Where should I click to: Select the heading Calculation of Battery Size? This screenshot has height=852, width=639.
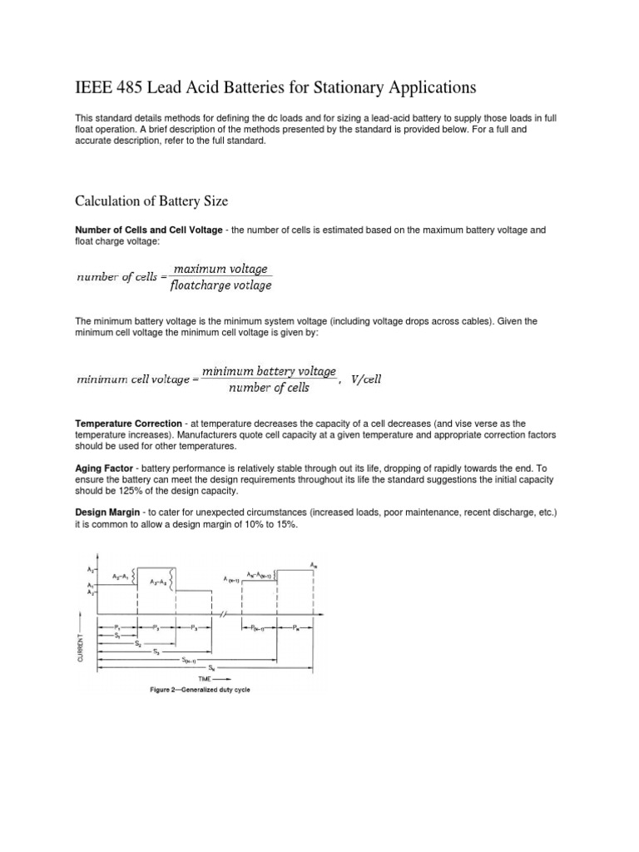coord(151,201)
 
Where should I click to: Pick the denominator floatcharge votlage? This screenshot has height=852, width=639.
coord(220,286)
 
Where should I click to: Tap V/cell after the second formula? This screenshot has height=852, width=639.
coord(367,379)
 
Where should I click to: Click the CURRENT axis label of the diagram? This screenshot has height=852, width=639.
coord(81,645)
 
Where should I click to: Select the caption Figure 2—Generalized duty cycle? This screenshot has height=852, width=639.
coord(200,690)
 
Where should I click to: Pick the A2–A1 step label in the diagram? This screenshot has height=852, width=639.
coord(121,576)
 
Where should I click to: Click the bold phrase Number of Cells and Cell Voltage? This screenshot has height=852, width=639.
coord(148,230)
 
